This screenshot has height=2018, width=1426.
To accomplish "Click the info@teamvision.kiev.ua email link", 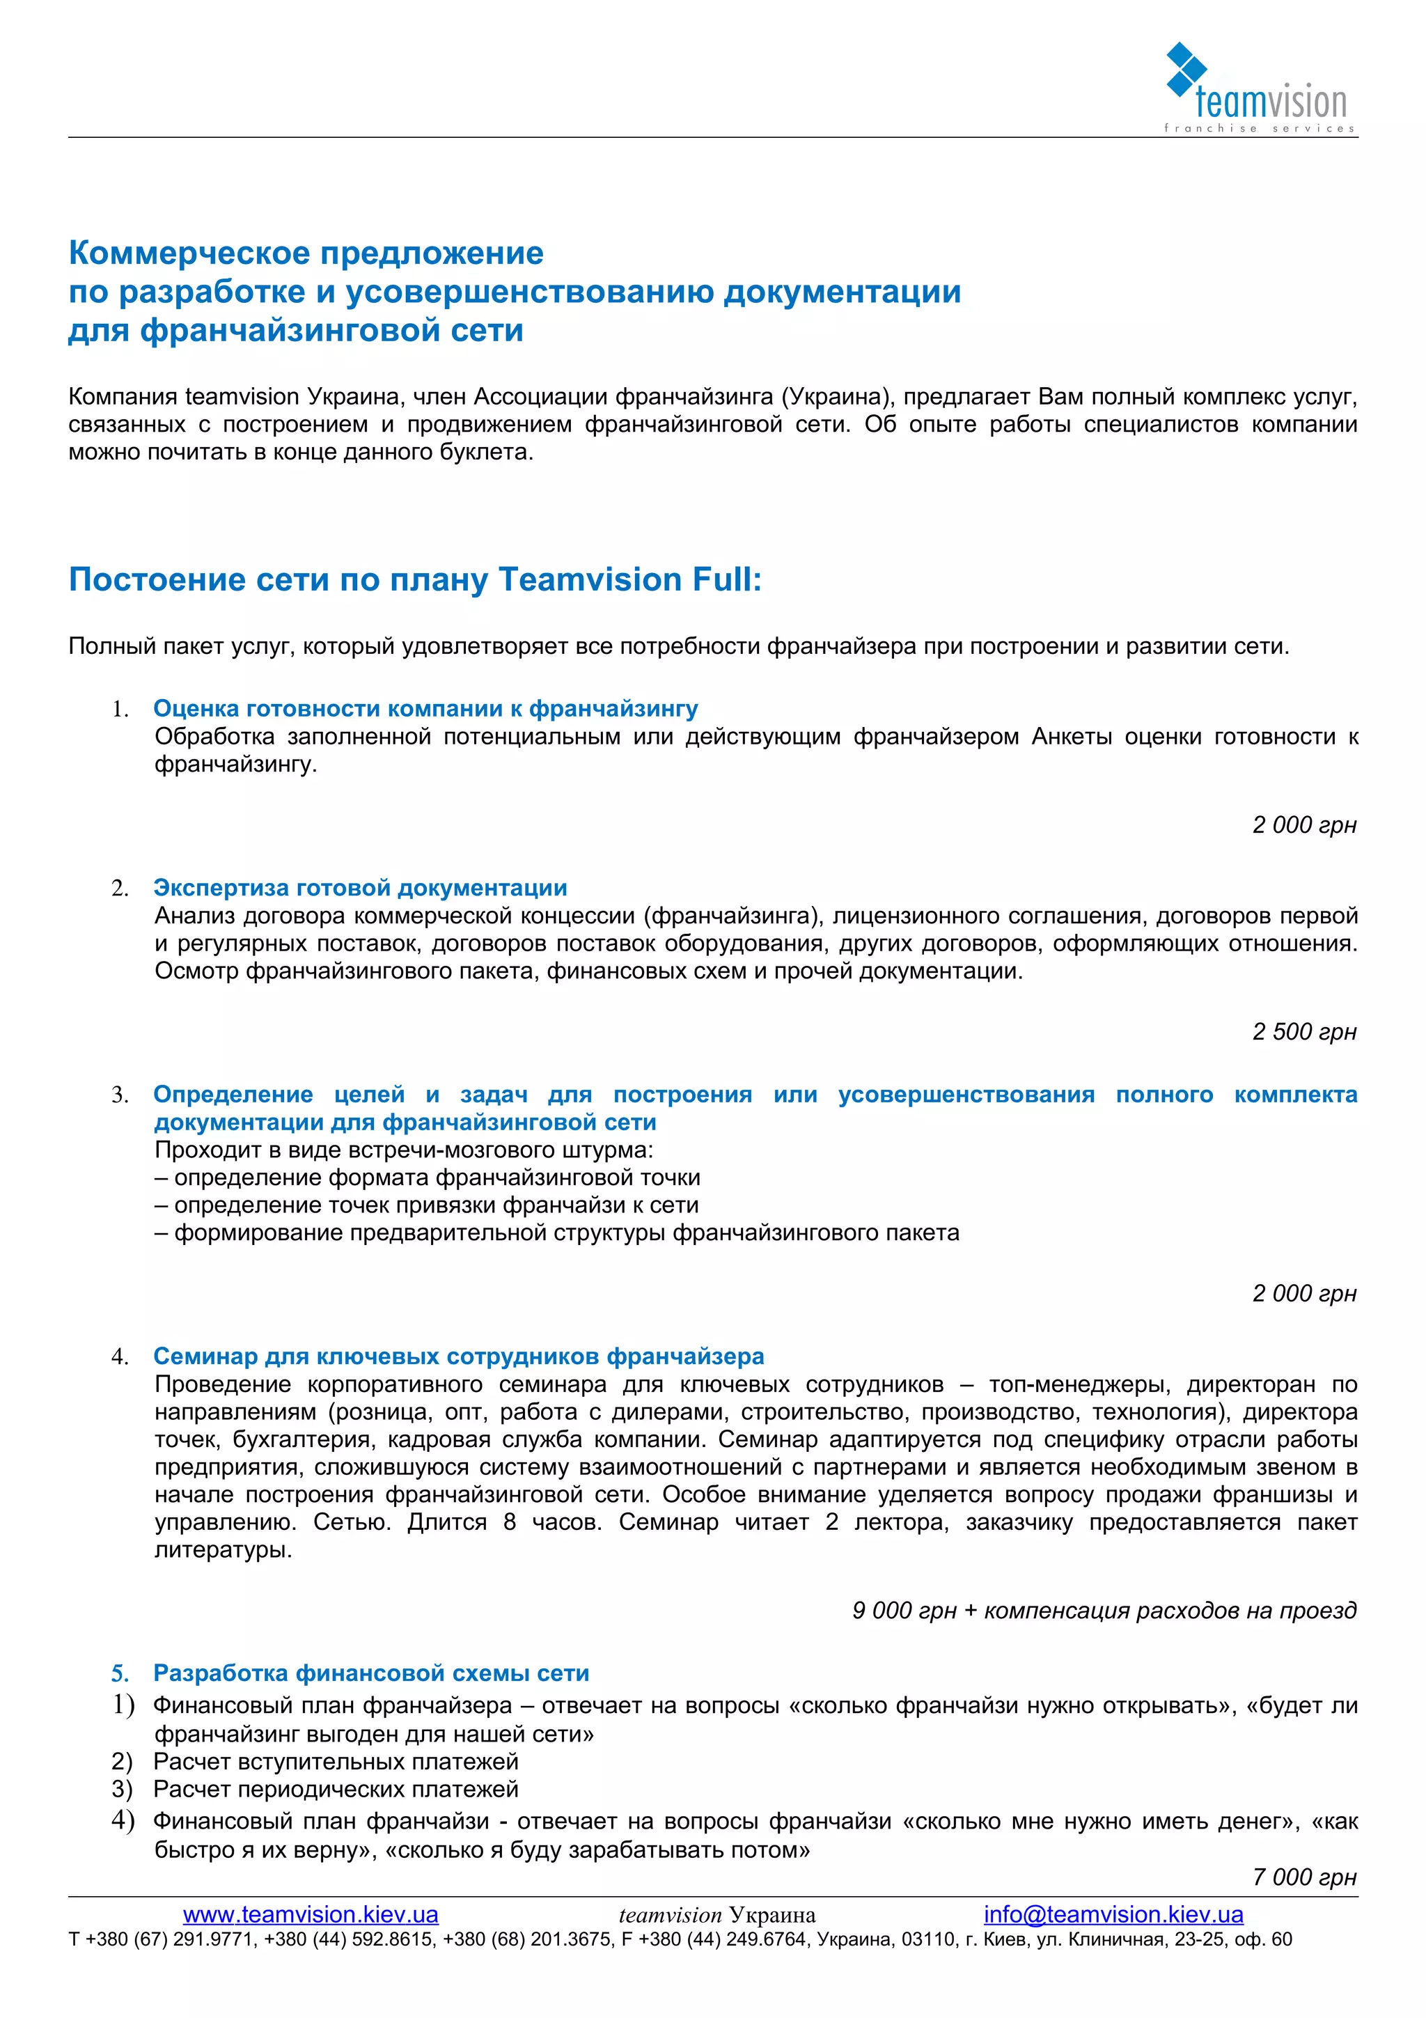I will [1113, 1914].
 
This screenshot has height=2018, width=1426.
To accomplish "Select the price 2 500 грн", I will [1304, 1032].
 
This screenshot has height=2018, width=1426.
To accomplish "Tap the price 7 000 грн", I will [1304, 1877].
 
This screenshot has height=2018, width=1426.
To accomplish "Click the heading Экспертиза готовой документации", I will [360, 888].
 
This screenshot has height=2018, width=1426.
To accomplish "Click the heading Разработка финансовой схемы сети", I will [371, 1673].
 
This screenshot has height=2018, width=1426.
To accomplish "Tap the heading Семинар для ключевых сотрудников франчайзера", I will [459, 1356].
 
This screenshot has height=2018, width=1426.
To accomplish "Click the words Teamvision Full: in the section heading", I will [629, 580].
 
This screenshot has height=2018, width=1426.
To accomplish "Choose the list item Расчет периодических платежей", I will [336, 1790].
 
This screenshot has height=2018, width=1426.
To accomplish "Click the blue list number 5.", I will [120, 1673].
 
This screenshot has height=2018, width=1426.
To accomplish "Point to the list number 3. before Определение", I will [120, 1095].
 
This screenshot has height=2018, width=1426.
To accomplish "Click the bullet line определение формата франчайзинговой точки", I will [436, 1178].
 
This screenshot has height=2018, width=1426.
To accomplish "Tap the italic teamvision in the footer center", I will [670, 1915].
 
